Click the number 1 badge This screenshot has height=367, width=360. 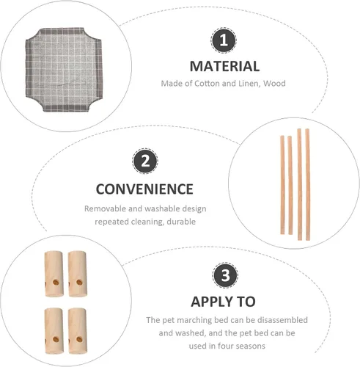pyautogui.click(x=224, y=40)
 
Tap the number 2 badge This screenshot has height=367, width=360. pyautogui.click(x=145, y=161)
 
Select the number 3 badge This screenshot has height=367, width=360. pyautogui.click(x=225, y=275)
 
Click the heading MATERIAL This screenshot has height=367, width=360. pyautogui.click(x=224, y=66)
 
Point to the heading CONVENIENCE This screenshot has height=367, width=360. pyautogui.click(x=144, y=189)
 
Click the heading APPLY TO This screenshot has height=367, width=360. pyautogui.click(x=223, y=302)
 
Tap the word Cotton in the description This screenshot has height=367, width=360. pyautogui.click(x=207, y=84)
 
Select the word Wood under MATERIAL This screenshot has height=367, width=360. pyautogui.click(x=274, y=84)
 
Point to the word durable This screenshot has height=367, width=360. pyautogui.click(x=181, y=222)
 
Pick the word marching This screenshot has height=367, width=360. pyautogui.click(x=194, y=320)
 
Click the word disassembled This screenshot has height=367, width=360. pyautogui.click(x=282, y=320)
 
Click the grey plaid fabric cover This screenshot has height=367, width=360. pyautogui.click(x=64, y=70)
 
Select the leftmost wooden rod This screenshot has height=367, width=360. pyautogui.click(x=282, y=185)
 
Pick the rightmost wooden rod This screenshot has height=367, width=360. pyautogui.click(x=307, y=184)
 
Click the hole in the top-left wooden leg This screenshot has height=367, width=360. pyautogui.click(x=56, y=283)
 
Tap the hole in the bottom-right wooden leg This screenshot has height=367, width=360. pyautogui.click(x=79, y=339)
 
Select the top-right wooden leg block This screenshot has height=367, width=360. pyautogui.click(x=78, y=274)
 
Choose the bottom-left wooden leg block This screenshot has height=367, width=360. pyautogui.click(x=54, y=331)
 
